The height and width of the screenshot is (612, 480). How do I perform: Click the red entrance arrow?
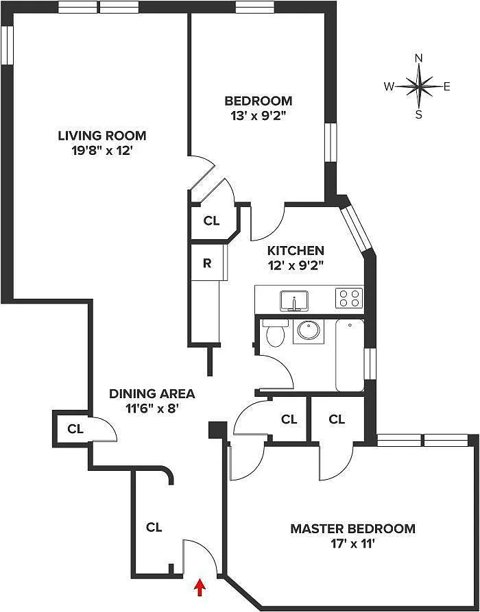pos(200,587)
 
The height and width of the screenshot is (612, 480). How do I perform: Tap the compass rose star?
pos(419,86)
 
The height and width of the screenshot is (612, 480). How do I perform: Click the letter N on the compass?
pos(419,59)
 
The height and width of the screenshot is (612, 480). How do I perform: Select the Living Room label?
pos(101,136)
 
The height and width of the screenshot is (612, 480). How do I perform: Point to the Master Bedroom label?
pos(352,528)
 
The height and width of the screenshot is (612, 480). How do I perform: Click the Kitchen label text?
pos(296,251)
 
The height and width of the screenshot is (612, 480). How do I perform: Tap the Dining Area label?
pos(152,394)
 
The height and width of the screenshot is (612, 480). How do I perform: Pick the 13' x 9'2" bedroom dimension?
pos(258,116)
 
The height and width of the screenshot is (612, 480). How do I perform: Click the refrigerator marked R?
pos(206,263)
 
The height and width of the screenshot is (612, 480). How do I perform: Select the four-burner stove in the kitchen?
pos(348,298)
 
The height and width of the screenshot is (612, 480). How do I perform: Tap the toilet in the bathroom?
pos(275,335)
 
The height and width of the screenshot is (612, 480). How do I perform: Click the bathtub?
pos(350,354)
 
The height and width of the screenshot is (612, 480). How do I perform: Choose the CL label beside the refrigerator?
pos(212,221)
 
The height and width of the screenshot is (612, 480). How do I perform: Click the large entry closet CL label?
pos(154,527)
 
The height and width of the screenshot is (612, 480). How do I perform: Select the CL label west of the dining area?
pos(75,429)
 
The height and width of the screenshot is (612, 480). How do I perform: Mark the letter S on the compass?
pos(419,114)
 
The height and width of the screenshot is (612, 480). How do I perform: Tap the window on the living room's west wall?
pos(7,47)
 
